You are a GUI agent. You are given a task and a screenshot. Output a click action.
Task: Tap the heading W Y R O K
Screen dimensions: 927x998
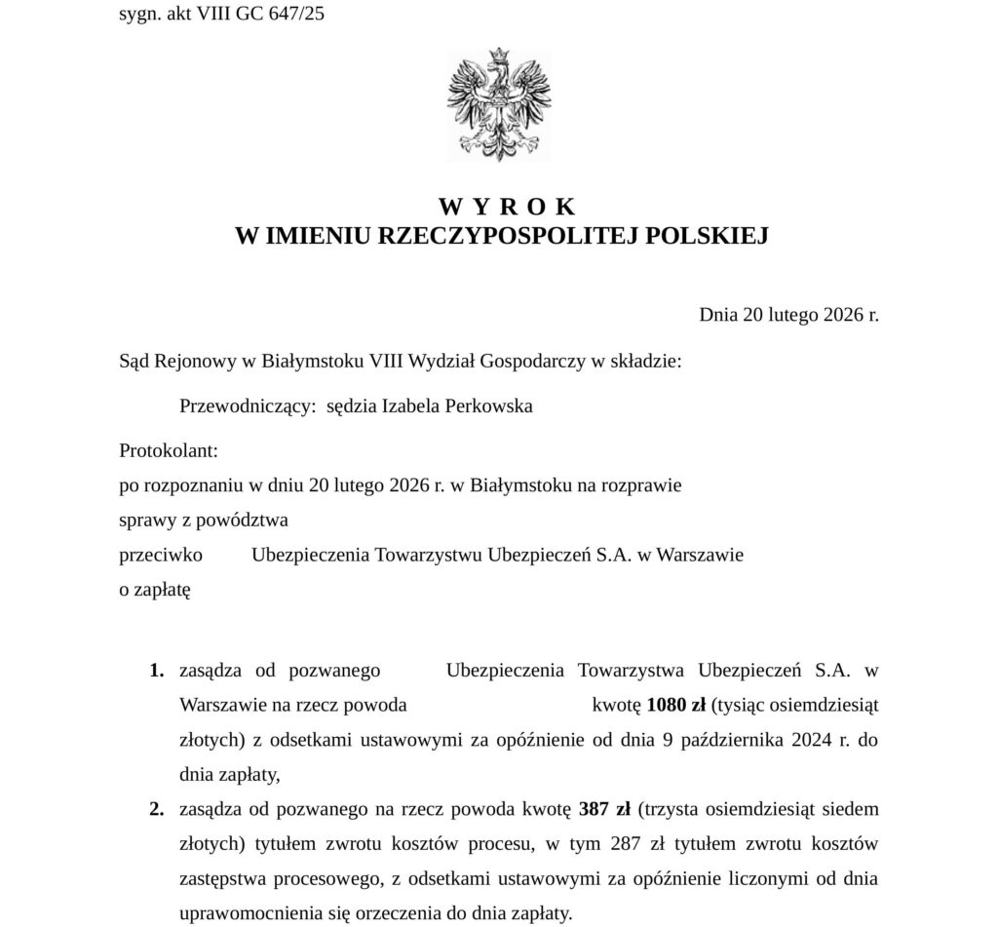(x=507, y=207)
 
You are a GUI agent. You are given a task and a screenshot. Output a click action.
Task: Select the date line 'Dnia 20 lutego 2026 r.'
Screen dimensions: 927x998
(x=788, y=315)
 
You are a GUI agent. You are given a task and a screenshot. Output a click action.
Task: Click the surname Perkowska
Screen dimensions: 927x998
(x=488, y=406)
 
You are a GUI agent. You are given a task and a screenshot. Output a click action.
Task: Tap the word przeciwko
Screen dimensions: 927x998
(x=160, y=555)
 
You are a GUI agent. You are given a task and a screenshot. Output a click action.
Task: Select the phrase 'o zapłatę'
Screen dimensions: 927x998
(x=154, y=589)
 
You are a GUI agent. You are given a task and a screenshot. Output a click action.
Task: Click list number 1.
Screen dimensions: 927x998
(x=156, y=670)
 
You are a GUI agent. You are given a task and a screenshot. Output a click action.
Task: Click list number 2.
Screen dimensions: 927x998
(x=156, y=809)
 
